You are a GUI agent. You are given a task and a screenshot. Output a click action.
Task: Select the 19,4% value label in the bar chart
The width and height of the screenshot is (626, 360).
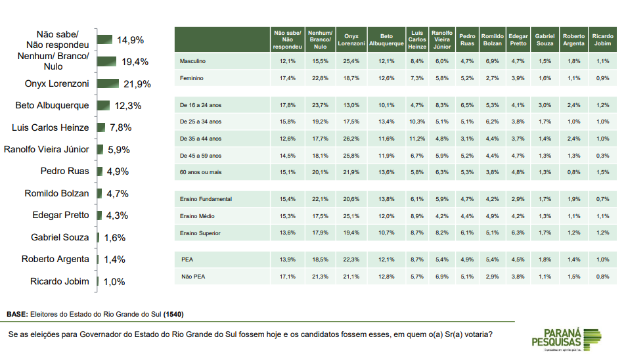tap(134, 62)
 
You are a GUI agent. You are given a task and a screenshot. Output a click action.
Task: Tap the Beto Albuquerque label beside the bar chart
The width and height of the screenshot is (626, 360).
tap(52, 106)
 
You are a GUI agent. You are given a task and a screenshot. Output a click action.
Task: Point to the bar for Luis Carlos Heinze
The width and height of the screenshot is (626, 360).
tap(101, 127)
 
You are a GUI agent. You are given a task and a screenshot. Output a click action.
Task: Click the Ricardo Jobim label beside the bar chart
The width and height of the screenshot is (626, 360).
tap(59, 282)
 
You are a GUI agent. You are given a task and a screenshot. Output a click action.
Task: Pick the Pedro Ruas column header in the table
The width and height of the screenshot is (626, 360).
tap(467, 39)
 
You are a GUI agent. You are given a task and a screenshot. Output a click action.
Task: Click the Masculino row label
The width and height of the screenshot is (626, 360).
tap(193, 61)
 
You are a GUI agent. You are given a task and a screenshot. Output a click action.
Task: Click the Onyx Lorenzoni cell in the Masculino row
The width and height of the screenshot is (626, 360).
tap(351, 61)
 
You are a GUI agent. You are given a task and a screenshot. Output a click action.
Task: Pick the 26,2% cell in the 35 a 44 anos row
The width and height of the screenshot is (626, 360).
tap(351, 139)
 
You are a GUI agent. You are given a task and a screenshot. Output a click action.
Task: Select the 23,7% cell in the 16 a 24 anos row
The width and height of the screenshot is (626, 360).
tap(320, 105)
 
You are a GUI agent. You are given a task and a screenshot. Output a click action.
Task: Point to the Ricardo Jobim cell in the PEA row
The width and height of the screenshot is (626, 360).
tap(602, 260)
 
